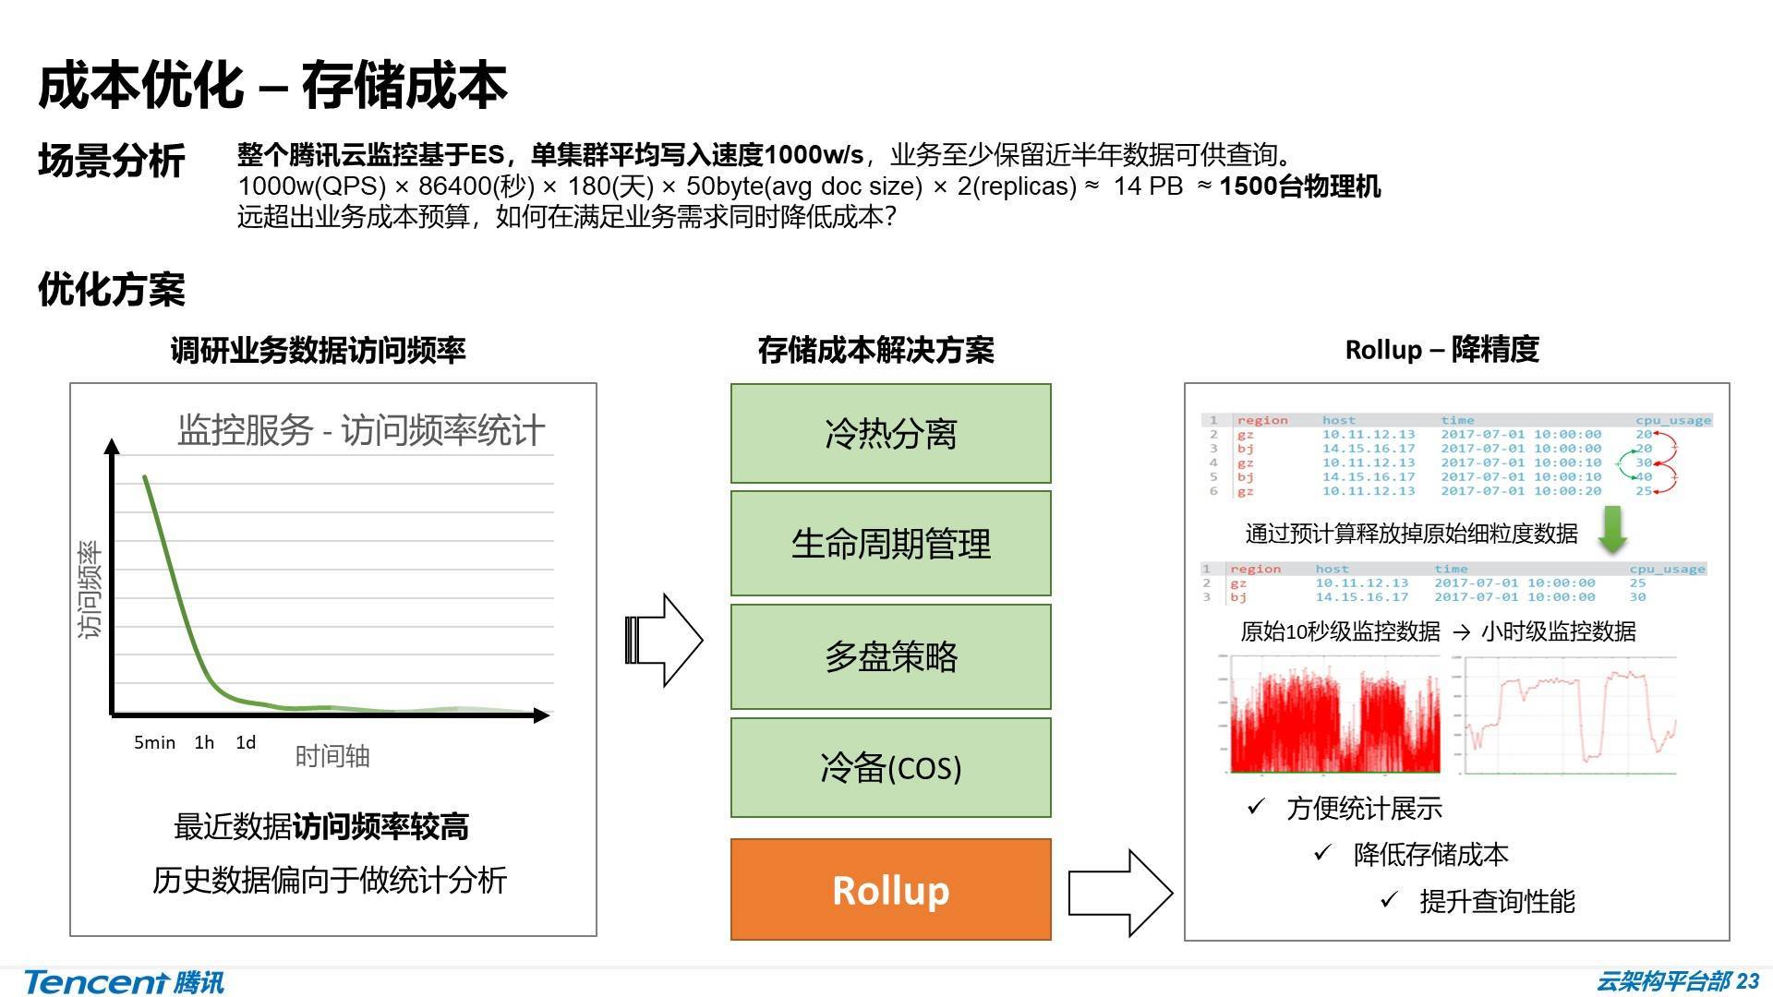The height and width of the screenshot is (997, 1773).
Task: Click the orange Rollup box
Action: [x=890, y=889]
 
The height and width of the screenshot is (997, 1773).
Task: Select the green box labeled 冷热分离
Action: [x=890, y=433]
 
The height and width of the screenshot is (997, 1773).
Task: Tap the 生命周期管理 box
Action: [x=890, y=543]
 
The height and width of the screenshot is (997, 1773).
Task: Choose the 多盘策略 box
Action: [x=890, y=656]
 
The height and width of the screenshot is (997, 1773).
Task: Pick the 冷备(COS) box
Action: [x=890, y=767]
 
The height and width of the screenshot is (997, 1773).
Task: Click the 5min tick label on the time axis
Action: [x=154, y=742]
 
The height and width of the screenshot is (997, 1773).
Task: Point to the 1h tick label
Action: [x=204, y=742]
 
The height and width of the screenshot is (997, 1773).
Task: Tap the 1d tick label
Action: [x=246, y=742]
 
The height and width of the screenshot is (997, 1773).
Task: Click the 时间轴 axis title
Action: [x=332, y=757]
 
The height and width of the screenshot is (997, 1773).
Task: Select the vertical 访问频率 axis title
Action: [x=90, y=590]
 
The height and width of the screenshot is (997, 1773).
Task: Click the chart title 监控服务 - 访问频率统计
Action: [x=360, y=430]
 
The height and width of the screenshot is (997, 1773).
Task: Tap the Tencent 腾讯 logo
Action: [x=124, y=981]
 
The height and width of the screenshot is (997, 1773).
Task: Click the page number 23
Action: [x=1747, y=980]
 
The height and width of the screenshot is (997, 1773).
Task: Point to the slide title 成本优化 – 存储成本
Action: [x=272, y=85]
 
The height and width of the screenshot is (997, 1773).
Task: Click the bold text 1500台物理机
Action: [x=1299, y=186]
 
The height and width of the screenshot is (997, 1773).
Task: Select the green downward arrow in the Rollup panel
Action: [x=1612, y=530]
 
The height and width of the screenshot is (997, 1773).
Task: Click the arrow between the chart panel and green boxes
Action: [x=664, y=640]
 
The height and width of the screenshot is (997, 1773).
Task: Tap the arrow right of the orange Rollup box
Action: [x=1120, y=893]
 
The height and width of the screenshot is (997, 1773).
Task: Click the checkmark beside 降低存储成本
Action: [x=1322, y=853]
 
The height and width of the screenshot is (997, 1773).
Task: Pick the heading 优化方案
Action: [x=112, y=290]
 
